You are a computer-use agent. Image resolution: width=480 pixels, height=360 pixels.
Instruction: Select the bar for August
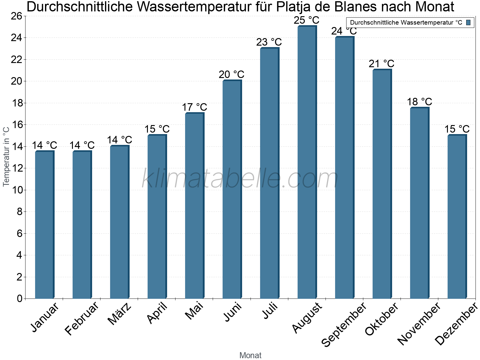[x=307, y=162]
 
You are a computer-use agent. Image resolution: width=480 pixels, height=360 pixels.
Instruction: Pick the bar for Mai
[x=194, y=205]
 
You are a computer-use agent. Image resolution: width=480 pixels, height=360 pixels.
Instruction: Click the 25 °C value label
[x=306, y=20]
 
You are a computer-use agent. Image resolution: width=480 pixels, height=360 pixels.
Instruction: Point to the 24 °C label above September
[x=344, y=31]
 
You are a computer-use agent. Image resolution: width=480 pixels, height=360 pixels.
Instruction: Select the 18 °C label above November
[x=419, y=102]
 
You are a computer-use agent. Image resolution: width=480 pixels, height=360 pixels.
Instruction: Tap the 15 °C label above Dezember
[x=457, y=129]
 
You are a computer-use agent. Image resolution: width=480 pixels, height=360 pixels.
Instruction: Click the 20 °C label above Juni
[x=231, y=74]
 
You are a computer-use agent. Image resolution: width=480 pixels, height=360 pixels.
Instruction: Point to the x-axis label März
[x=120, y=313]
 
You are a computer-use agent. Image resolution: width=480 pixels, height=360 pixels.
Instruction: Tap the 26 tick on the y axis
[x=17, y=16]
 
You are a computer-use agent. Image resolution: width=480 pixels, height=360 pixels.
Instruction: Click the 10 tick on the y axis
[x=17, y=190]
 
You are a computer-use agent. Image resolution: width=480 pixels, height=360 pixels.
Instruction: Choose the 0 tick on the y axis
[x=20, y=298]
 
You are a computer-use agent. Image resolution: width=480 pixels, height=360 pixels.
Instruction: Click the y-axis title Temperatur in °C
[x=6, y=156]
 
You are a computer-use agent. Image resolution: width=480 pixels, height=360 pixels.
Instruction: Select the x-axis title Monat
[x=250, y=355]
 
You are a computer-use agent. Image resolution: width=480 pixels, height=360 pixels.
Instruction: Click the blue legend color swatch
[x=469, y=22]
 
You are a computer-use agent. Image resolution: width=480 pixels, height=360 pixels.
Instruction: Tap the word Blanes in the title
[x=355, y=7]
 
